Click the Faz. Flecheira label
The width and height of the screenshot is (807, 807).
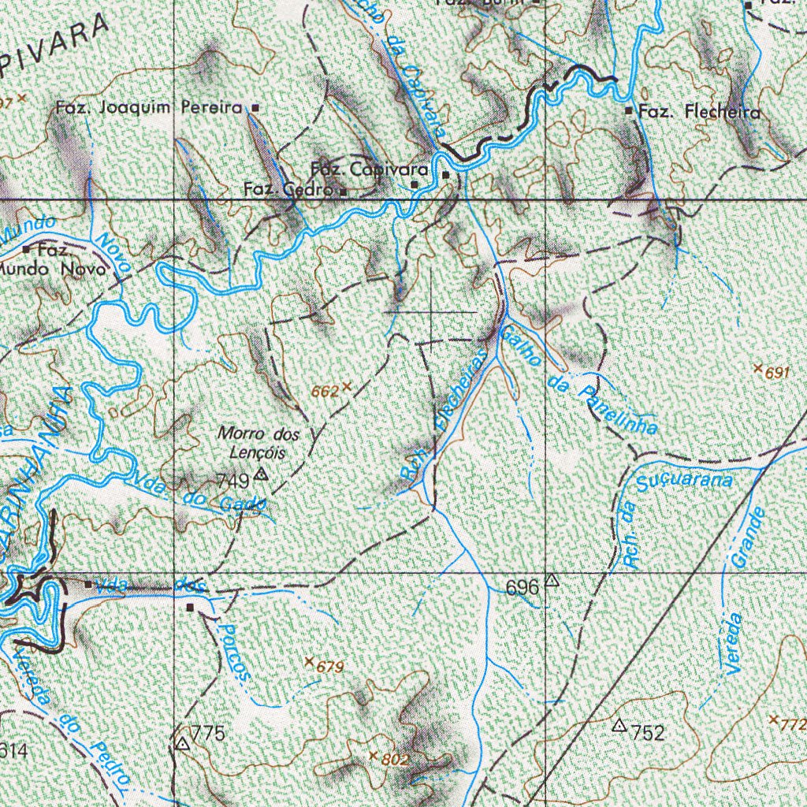[700, 113]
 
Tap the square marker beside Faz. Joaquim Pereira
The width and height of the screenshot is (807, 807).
[255, 107]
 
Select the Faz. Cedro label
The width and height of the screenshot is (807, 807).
[289, 189]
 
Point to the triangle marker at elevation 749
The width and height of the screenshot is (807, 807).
[262, 475]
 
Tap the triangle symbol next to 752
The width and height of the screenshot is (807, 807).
[619, 724]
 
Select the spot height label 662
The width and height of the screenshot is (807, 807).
[325, 389]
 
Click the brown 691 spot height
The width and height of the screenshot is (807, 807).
[776, 373]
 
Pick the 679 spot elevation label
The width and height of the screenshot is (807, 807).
[330, 668]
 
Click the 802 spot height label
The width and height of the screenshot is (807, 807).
[395, 760]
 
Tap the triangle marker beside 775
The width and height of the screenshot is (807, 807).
[183, 743]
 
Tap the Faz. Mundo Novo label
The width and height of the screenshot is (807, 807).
[55, 260]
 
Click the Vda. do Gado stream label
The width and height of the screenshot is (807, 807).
[196, 493]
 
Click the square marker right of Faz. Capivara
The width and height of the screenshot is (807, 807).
[445, 175]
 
